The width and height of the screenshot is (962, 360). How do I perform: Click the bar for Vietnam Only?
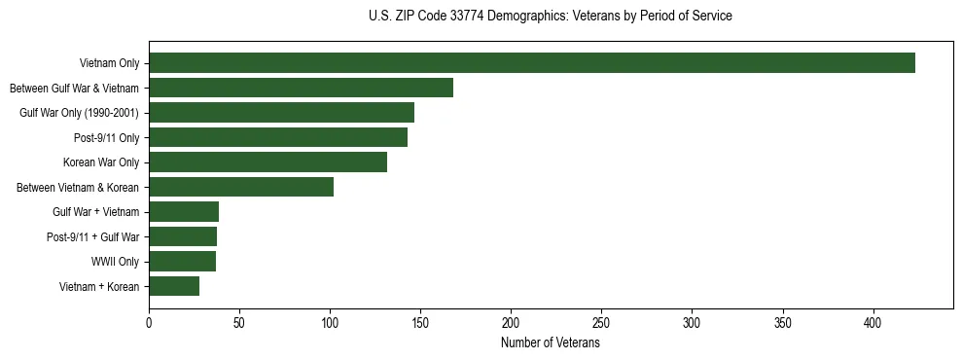(531, 63)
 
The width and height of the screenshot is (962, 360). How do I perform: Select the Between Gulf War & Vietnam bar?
(301, 88)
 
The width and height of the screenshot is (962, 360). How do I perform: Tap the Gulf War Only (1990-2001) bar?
(281, 113)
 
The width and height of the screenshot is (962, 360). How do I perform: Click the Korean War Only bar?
(267, 162)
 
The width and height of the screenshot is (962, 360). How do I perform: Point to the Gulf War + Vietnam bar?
(184, 212)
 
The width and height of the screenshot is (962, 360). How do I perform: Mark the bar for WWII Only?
(182, 261)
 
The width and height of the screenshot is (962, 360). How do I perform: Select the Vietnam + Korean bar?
(174, 286)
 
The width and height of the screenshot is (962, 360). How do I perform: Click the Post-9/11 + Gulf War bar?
(183, 236)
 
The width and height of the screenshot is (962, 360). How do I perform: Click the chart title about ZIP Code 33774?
(551, 16)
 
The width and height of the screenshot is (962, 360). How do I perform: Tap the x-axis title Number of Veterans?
(551, 343)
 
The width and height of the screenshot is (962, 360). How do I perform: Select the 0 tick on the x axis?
(149, 323)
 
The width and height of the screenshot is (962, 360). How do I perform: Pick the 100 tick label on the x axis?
(330, 323)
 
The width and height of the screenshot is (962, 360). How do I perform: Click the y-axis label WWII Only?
(115, 262)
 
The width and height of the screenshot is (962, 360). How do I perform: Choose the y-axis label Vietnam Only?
(109, 63)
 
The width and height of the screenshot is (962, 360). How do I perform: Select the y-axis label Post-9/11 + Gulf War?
(93, 236)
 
